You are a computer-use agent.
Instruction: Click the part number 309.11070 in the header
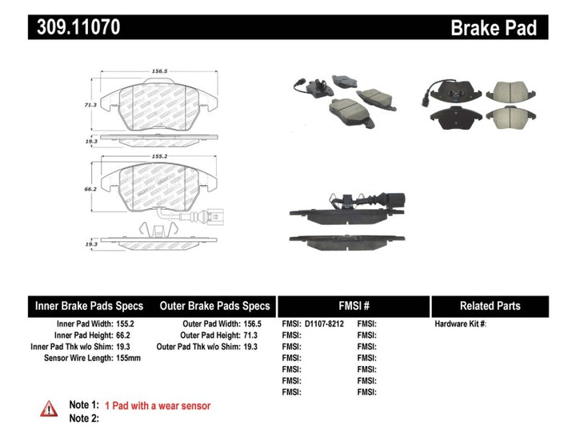point(78,27)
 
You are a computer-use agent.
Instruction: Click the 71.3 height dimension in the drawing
point(90,105)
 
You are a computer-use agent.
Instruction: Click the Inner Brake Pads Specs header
point(89,306)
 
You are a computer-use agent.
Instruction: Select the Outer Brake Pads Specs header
point(214,306)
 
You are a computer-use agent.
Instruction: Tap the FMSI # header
point(353,306)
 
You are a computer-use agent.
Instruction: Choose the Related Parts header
point(490,306)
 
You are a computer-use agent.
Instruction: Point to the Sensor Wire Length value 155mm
point(129,358)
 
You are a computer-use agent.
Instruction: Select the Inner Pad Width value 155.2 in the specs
point(125,323)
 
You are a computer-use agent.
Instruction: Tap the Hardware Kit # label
point(460,323)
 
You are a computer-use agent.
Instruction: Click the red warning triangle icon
point(49,409)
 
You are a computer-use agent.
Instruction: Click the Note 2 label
point(84,418)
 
